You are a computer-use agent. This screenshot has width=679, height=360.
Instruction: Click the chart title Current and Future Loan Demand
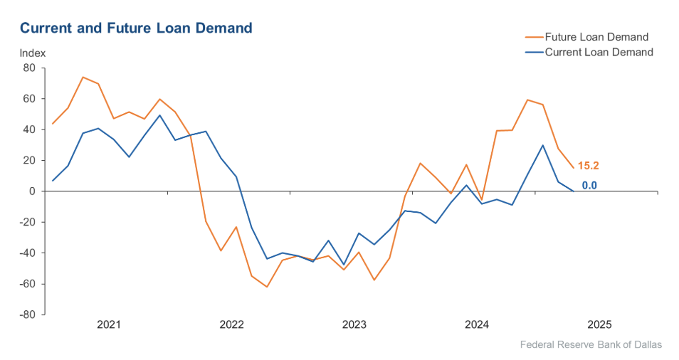coord(136,28)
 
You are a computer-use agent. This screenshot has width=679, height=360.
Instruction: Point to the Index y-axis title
coord(32,53)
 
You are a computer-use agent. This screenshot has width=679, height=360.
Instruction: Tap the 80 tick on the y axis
coord(29,68)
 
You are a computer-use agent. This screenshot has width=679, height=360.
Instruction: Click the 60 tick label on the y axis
coord(29,99)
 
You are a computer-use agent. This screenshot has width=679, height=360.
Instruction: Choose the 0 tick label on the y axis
coord(32,191)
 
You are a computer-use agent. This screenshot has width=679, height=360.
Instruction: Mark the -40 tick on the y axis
coord(27,253)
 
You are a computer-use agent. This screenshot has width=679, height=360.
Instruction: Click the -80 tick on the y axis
coord(27,314)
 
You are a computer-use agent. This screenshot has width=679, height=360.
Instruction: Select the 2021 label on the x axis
coord(109,325)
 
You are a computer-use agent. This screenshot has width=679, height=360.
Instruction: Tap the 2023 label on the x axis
coord(354,325)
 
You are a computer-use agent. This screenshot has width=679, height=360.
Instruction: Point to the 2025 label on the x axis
coord(599,325)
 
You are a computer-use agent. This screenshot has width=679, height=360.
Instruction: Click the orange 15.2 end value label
coord(588,166)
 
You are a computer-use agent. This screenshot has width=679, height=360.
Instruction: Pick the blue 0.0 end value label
coord(589,186)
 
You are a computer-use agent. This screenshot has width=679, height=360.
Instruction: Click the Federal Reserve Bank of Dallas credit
coord(591,345)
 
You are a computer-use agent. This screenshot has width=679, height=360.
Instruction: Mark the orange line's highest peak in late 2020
coord(83,77)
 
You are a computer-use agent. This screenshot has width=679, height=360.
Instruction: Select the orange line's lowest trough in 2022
coord(266,287)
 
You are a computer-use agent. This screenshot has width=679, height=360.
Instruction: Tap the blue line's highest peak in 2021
coord(159,115)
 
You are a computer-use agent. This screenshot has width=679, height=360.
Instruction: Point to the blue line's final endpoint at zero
coord(574,191)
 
